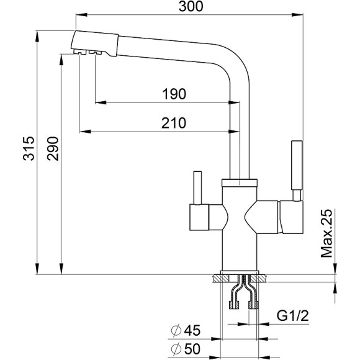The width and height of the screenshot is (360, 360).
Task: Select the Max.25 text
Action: point(328,233)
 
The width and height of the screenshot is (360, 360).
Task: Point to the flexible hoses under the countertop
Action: point(243,295)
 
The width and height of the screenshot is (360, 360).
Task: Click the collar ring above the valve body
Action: point(240,183)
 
